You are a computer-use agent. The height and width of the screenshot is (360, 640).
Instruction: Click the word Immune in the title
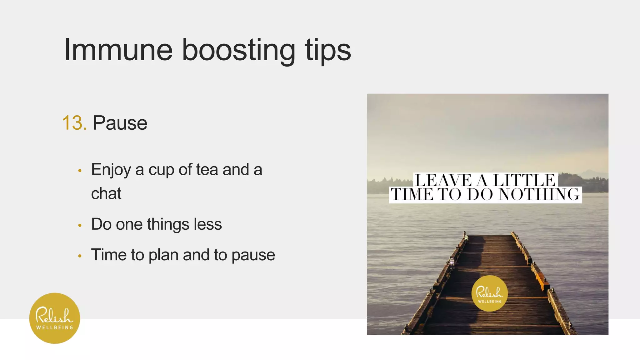118,50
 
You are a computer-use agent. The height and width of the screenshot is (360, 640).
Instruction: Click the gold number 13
74,123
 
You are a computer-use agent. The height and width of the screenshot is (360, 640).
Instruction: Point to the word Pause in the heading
120,123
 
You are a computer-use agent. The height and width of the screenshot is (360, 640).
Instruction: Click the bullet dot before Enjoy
80,171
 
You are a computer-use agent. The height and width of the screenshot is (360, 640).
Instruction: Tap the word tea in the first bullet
207,170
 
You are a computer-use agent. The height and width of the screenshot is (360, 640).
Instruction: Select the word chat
106,193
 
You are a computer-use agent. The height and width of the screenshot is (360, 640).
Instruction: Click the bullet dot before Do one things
80,225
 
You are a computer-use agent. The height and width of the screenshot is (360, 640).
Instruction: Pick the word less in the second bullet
207,224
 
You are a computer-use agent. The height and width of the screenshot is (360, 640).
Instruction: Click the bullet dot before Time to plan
80,256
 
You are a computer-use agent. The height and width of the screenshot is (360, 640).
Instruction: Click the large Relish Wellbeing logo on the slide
55,318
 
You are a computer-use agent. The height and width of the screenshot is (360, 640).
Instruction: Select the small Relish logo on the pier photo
489,293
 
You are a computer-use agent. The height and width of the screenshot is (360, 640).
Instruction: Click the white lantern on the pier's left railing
452,261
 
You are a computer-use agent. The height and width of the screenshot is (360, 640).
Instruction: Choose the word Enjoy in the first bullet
111,170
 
